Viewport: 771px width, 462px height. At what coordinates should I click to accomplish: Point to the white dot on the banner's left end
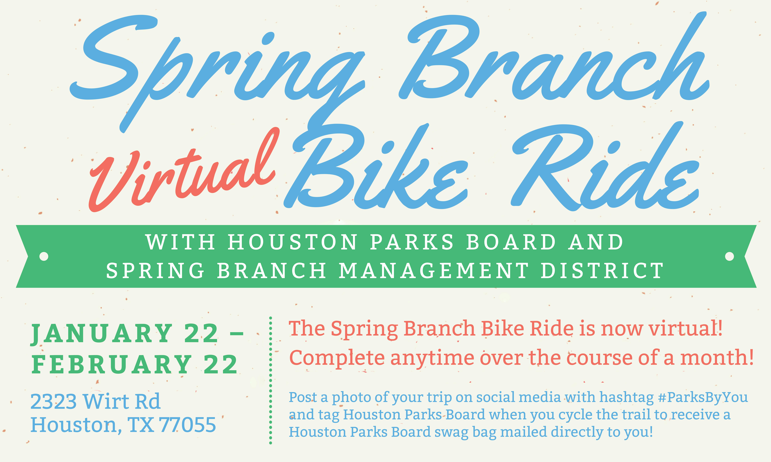[44, 256]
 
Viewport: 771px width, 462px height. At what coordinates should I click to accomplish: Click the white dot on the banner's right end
[730, 256]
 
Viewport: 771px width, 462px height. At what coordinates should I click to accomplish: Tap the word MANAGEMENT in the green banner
[433, 270]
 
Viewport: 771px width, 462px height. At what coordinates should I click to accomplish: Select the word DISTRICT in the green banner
[602, 270]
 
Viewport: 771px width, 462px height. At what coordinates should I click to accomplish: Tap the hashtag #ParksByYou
[703, 398]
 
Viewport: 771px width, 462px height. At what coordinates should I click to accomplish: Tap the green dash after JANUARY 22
[237, 334]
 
